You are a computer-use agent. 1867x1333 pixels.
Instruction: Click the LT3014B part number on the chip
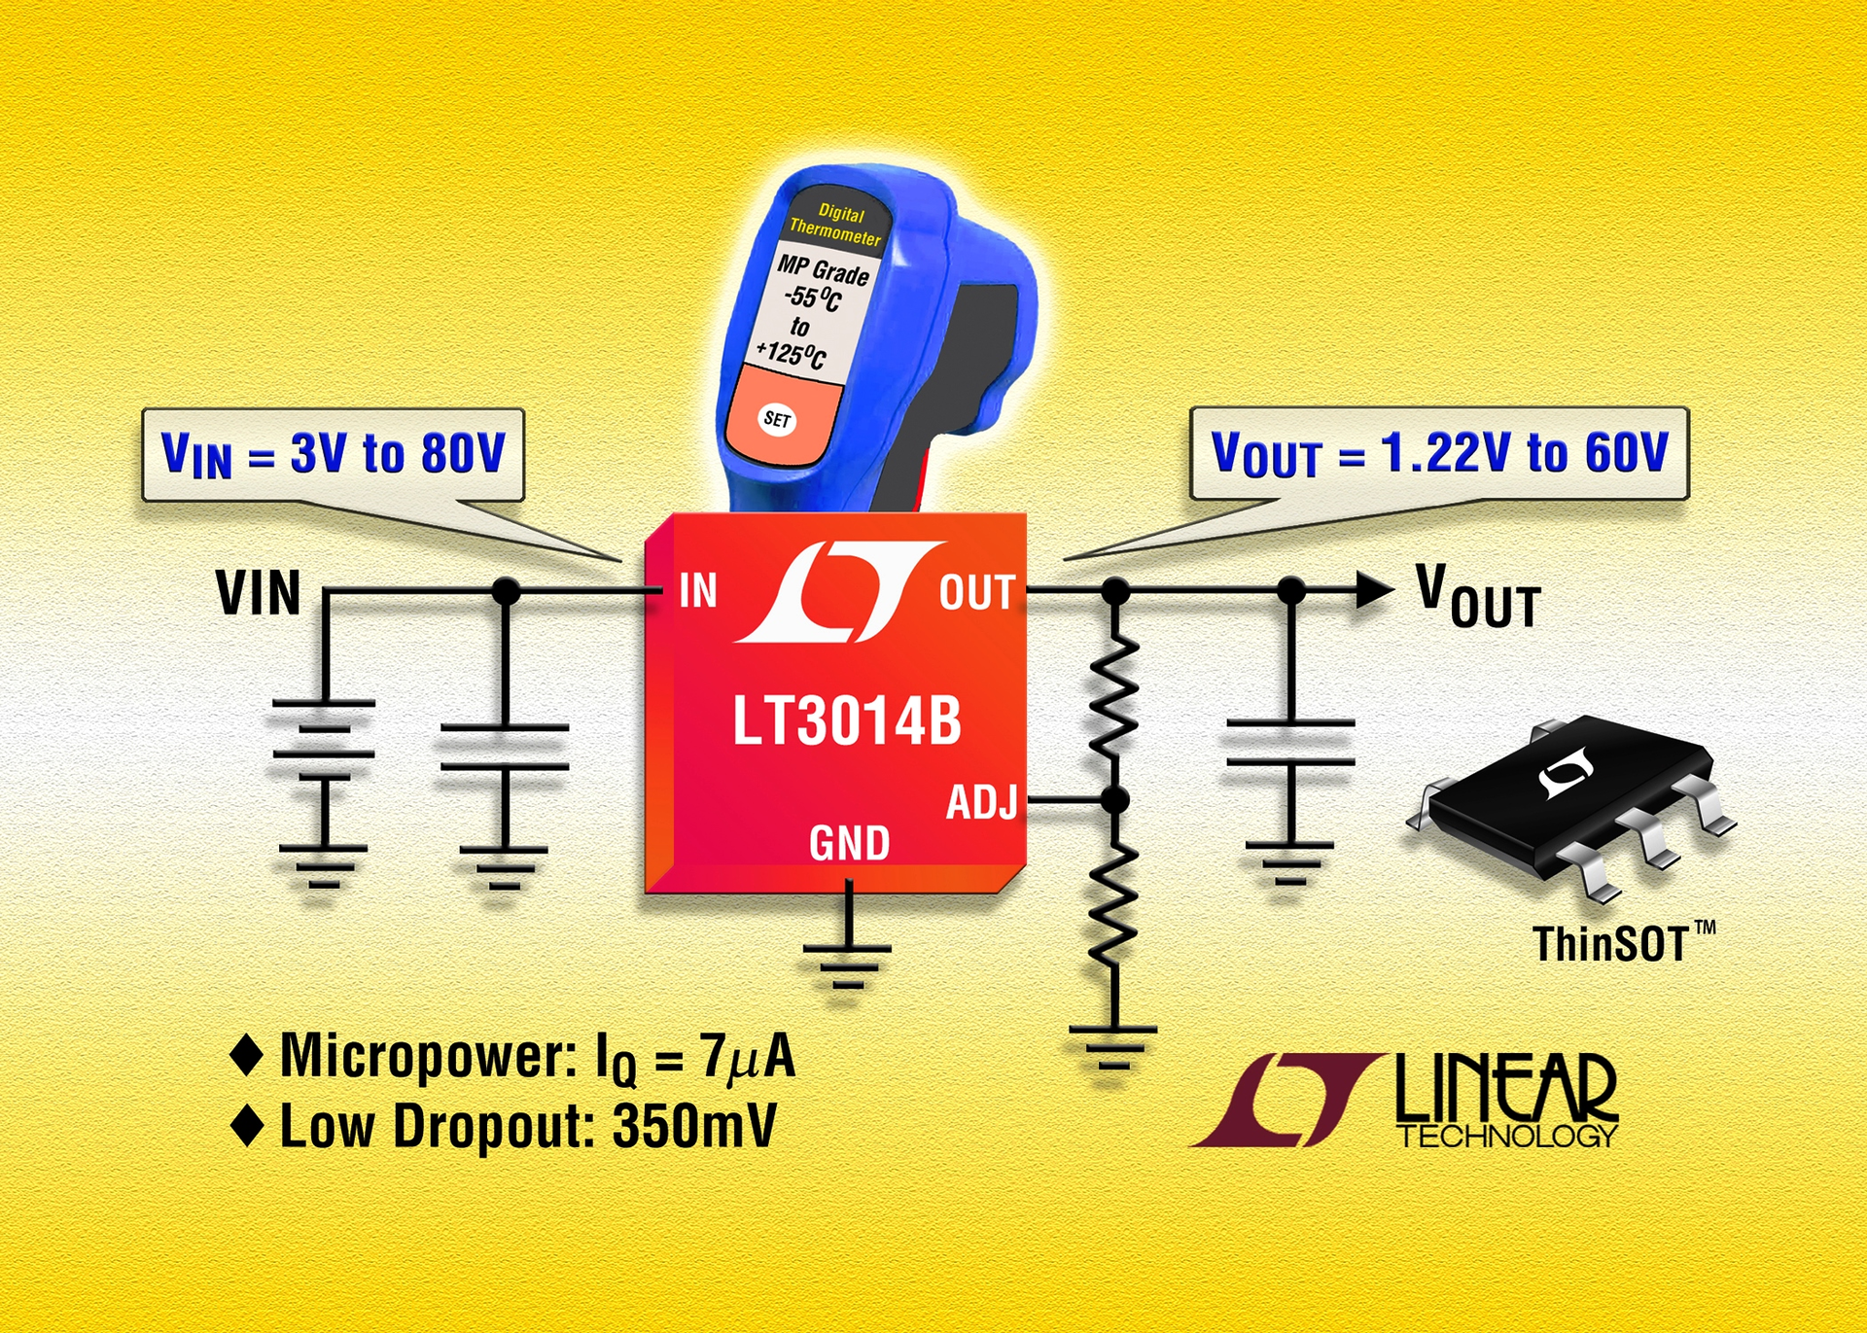pos(846,721)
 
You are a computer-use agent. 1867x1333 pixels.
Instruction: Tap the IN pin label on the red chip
pos(697,590)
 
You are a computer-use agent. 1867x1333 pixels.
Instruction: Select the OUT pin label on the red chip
pos(976,592)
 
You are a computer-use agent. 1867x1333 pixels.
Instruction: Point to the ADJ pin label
pos(981,802)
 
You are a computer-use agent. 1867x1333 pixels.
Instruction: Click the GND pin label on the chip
pos(849,843)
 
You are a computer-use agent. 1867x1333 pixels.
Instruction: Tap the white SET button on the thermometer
pos(777,419)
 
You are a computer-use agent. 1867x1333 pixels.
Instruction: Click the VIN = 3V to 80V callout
pos(333,454)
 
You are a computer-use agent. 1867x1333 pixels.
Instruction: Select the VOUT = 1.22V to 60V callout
pos(1438,453)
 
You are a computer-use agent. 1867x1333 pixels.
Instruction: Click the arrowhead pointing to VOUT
pos(1373,589)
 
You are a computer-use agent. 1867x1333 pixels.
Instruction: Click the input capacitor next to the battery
pos(504,747)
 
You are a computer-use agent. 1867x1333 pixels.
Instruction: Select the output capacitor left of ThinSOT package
pos(1289,743)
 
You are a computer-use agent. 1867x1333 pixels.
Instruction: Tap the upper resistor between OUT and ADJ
pos(1115,702)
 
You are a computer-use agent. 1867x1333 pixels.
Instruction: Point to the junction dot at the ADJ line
pos(1115,800)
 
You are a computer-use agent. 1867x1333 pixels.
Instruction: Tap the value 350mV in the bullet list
pos(694,1126)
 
